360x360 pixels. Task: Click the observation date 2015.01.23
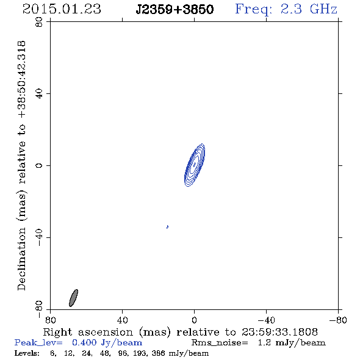click(x=62, y=9)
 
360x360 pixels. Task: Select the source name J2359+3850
click(x=175, y=9)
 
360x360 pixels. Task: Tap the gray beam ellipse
click(x=73, y=298)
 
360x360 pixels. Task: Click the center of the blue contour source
click(x=195, y=165)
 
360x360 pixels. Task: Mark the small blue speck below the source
click(x=167, y=227)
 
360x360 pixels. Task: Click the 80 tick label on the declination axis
click(x=39, y=22)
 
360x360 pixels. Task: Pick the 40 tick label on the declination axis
click(x=39, y=94)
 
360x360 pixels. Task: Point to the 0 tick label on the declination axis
click(x=39, y=165)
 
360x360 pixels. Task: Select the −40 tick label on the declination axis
click(x=39, y=237)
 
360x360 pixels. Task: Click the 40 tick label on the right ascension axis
click(x=122, y=320)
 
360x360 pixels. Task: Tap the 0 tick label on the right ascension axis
click(x=194, y=320)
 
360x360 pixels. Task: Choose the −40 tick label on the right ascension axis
click(x=266, y=320)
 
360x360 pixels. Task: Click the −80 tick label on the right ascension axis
click(x=338, y=320)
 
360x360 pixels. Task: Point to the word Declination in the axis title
click(x=21, y=259)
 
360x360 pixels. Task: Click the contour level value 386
click(x=158, y=353)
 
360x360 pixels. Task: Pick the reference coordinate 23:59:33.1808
click(x=279, y=332)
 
